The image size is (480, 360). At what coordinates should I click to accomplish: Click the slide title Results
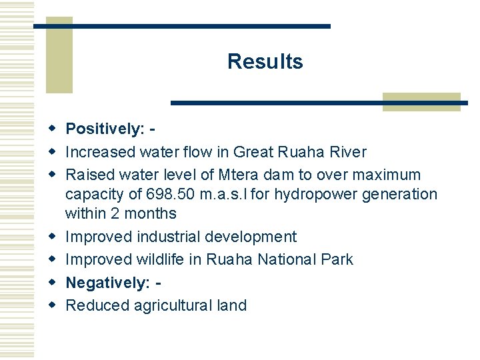(x=265, y=61)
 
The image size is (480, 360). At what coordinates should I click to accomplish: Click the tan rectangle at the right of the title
(x=421, y=101)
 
